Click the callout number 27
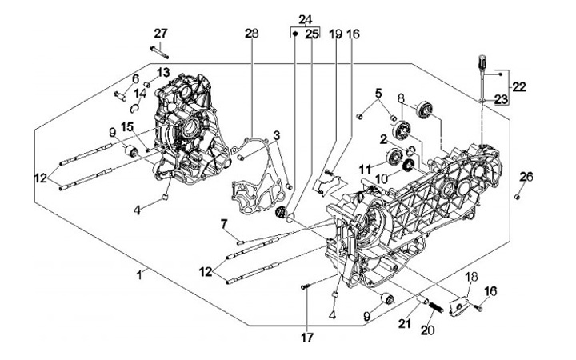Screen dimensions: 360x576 161,33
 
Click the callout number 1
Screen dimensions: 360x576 140,274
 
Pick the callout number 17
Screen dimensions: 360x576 306,338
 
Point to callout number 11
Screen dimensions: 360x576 366,169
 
